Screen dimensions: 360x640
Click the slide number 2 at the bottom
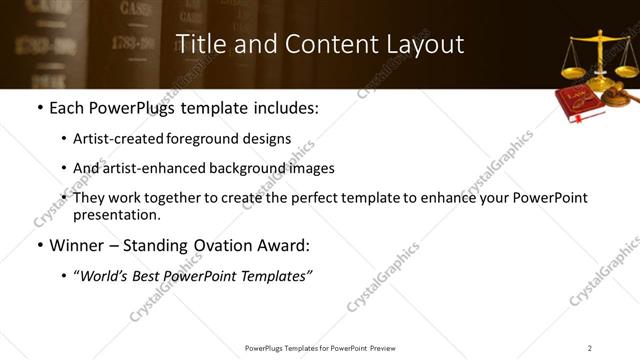(589, 348)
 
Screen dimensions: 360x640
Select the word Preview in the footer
(389, 348)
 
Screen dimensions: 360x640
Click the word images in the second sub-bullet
(310, 168)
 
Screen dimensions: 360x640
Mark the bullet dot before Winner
(39, 246)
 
